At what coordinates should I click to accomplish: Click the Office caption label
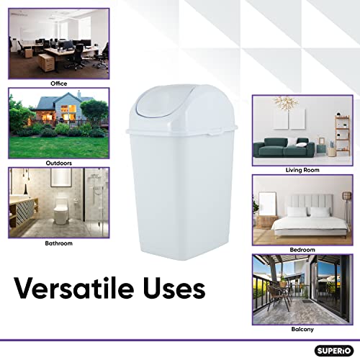58,84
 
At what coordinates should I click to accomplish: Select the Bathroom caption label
58,243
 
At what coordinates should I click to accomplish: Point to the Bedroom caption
302,249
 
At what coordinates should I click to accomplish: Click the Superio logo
332,351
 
